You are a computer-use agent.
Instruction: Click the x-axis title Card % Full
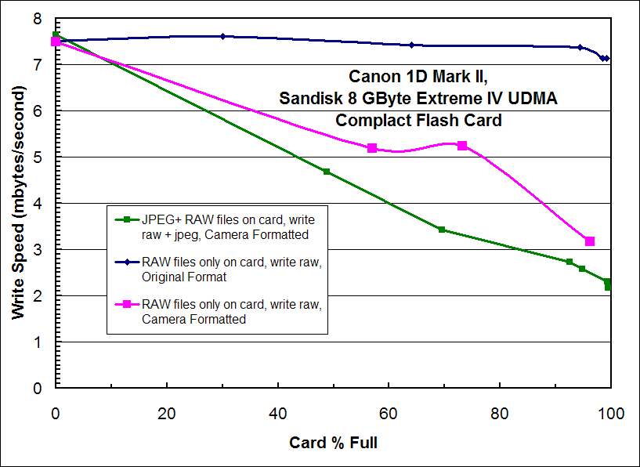click(x=333, y=443)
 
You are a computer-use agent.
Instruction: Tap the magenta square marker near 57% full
click(x=372, y=148)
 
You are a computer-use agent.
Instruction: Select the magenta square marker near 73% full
click(x=462, y=146)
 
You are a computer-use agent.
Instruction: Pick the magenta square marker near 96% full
click(x=590, y=241)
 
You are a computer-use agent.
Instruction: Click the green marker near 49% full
click(x=327, y=172)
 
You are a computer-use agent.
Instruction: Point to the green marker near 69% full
click(x=442, y=230)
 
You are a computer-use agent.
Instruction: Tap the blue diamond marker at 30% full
click(x=222, y=36)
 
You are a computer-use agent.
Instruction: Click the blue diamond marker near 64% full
click(x=411, y=45)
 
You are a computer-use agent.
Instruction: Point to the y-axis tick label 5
click(x=38, y=157)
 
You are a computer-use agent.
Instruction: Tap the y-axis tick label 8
click(x=38, y=19)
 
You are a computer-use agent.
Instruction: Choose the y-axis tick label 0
click(x=38, y=389)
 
